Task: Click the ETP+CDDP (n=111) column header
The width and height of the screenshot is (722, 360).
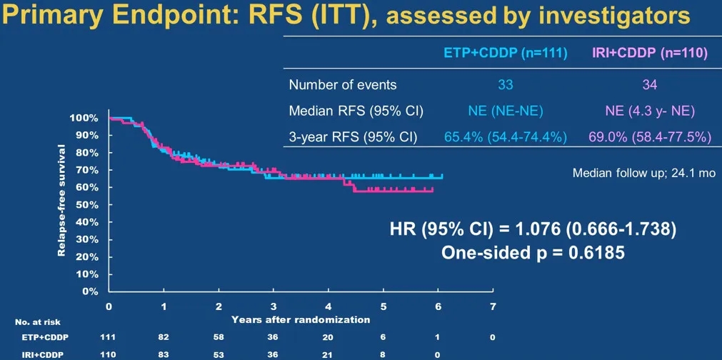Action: point(505,54)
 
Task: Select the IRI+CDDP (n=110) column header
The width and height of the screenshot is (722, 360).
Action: point(650,54)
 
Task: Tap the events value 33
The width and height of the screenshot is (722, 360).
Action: point(505,85)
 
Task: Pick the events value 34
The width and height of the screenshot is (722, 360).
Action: point(650,85)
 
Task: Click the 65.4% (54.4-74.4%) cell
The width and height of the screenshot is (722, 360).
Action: point(505,136)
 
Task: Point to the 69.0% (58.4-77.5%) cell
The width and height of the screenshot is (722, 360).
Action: point(650,136)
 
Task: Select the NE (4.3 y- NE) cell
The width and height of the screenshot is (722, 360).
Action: point(650,111)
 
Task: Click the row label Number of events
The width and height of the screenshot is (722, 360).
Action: point(343,85)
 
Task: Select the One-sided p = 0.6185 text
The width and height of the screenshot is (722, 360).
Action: point(533,253)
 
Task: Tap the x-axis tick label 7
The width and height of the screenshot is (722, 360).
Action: point(493,306)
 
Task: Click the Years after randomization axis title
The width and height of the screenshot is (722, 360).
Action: point(301,319)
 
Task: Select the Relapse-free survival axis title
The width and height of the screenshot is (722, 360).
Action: point(63,201)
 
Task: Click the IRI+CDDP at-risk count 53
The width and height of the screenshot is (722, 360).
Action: point(219,354)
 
